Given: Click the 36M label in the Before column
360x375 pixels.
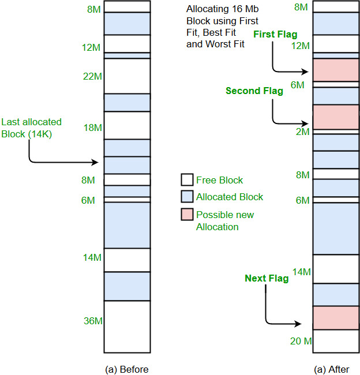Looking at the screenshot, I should (x=93, y=321).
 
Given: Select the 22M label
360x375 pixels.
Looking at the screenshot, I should (x=93, y=76).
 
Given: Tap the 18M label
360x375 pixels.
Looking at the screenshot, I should (x=93, y=127).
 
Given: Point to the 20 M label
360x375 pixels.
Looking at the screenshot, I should (x=300, y=341).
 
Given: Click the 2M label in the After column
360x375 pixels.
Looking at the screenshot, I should (x=302, y=132).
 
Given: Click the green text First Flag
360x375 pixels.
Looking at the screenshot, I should (x=275, y=35).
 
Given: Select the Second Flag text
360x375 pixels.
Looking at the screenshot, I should (x=254, y=91).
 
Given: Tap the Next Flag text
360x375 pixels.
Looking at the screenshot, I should (x=266, y=279).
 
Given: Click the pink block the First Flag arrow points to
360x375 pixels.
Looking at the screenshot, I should (x=335, y=70).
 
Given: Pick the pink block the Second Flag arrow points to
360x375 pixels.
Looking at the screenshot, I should (x=335, y=117).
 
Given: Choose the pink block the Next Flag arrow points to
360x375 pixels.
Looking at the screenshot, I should (x=335, y=318).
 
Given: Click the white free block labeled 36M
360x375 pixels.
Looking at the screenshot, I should (x=127, y=327).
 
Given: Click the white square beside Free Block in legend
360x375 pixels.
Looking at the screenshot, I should (x=187, y=180).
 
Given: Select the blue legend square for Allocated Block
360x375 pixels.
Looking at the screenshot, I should (x=187, y=197).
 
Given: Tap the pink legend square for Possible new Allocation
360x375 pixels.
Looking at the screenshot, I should (x=187, y=215).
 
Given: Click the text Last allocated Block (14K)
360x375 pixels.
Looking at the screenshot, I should (x=31, y=127).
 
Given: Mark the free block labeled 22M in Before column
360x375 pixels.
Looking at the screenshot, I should (x=127, y=76).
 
